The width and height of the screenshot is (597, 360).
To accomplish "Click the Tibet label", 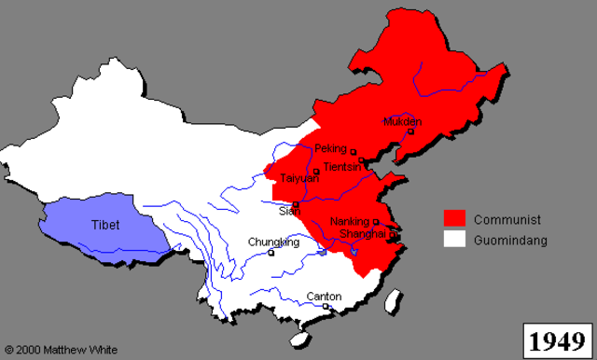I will pyautogui.click(x=105, y=225).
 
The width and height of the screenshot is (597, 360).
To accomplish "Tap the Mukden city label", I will pyautogui.click(x=402, y=121).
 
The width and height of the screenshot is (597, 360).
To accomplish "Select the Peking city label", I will pyautogui.click(x=330, y=148).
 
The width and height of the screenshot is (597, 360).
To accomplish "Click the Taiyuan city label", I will pyautogui.click(x=299, y=178).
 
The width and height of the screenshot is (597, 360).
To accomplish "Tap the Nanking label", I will pyautogui.click(x=351, y=222).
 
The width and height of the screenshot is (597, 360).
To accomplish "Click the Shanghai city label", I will pyautogui.click(x=364, y=234).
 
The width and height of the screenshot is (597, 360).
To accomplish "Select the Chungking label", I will pyautogui.click(x=273, y=242).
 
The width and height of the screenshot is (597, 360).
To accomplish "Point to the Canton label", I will pyautogui.click(x=324, y=297).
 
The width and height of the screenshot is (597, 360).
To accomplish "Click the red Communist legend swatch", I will pyautogui.click(x=454, y=219).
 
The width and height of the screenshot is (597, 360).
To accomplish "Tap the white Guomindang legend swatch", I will pyautogui.click(x=454, y=240).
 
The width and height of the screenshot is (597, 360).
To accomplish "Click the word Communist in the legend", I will pyautogui.click(x=507, y=220).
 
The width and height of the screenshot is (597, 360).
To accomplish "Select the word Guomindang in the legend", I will pyautogui.click(x=509, y=241).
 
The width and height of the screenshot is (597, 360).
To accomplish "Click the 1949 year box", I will pyautogui.click(x=557, y=339).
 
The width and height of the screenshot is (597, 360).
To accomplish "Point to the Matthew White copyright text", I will pyautogui.click(x=61, y=350).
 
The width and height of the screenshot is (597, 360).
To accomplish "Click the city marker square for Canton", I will pyautogui.click(x=326, y=306).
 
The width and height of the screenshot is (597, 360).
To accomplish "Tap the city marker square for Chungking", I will pyautogui.click(x=271, y=252).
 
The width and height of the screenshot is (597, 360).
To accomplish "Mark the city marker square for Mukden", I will pyautogui.click(x=410, y=132).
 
